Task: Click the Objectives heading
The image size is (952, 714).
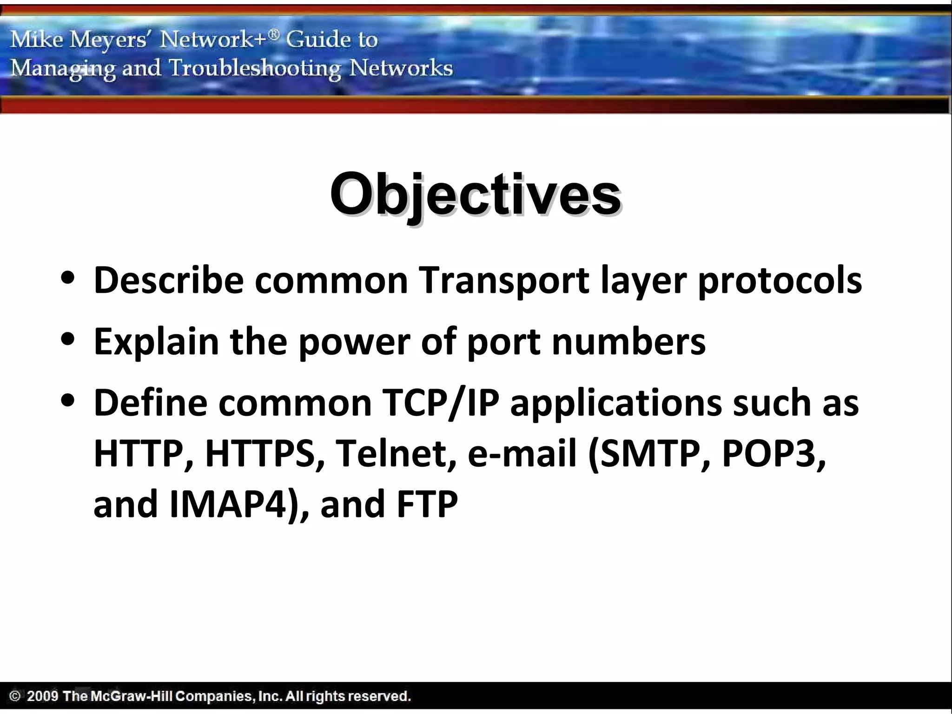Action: (475, 194)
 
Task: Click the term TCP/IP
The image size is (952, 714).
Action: (440, 403)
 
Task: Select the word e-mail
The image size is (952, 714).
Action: (522, 453)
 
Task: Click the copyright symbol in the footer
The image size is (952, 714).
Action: (15, 696)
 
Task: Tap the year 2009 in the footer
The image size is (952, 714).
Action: (42, 696)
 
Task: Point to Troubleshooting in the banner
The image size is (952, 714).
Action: (255, 69)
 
